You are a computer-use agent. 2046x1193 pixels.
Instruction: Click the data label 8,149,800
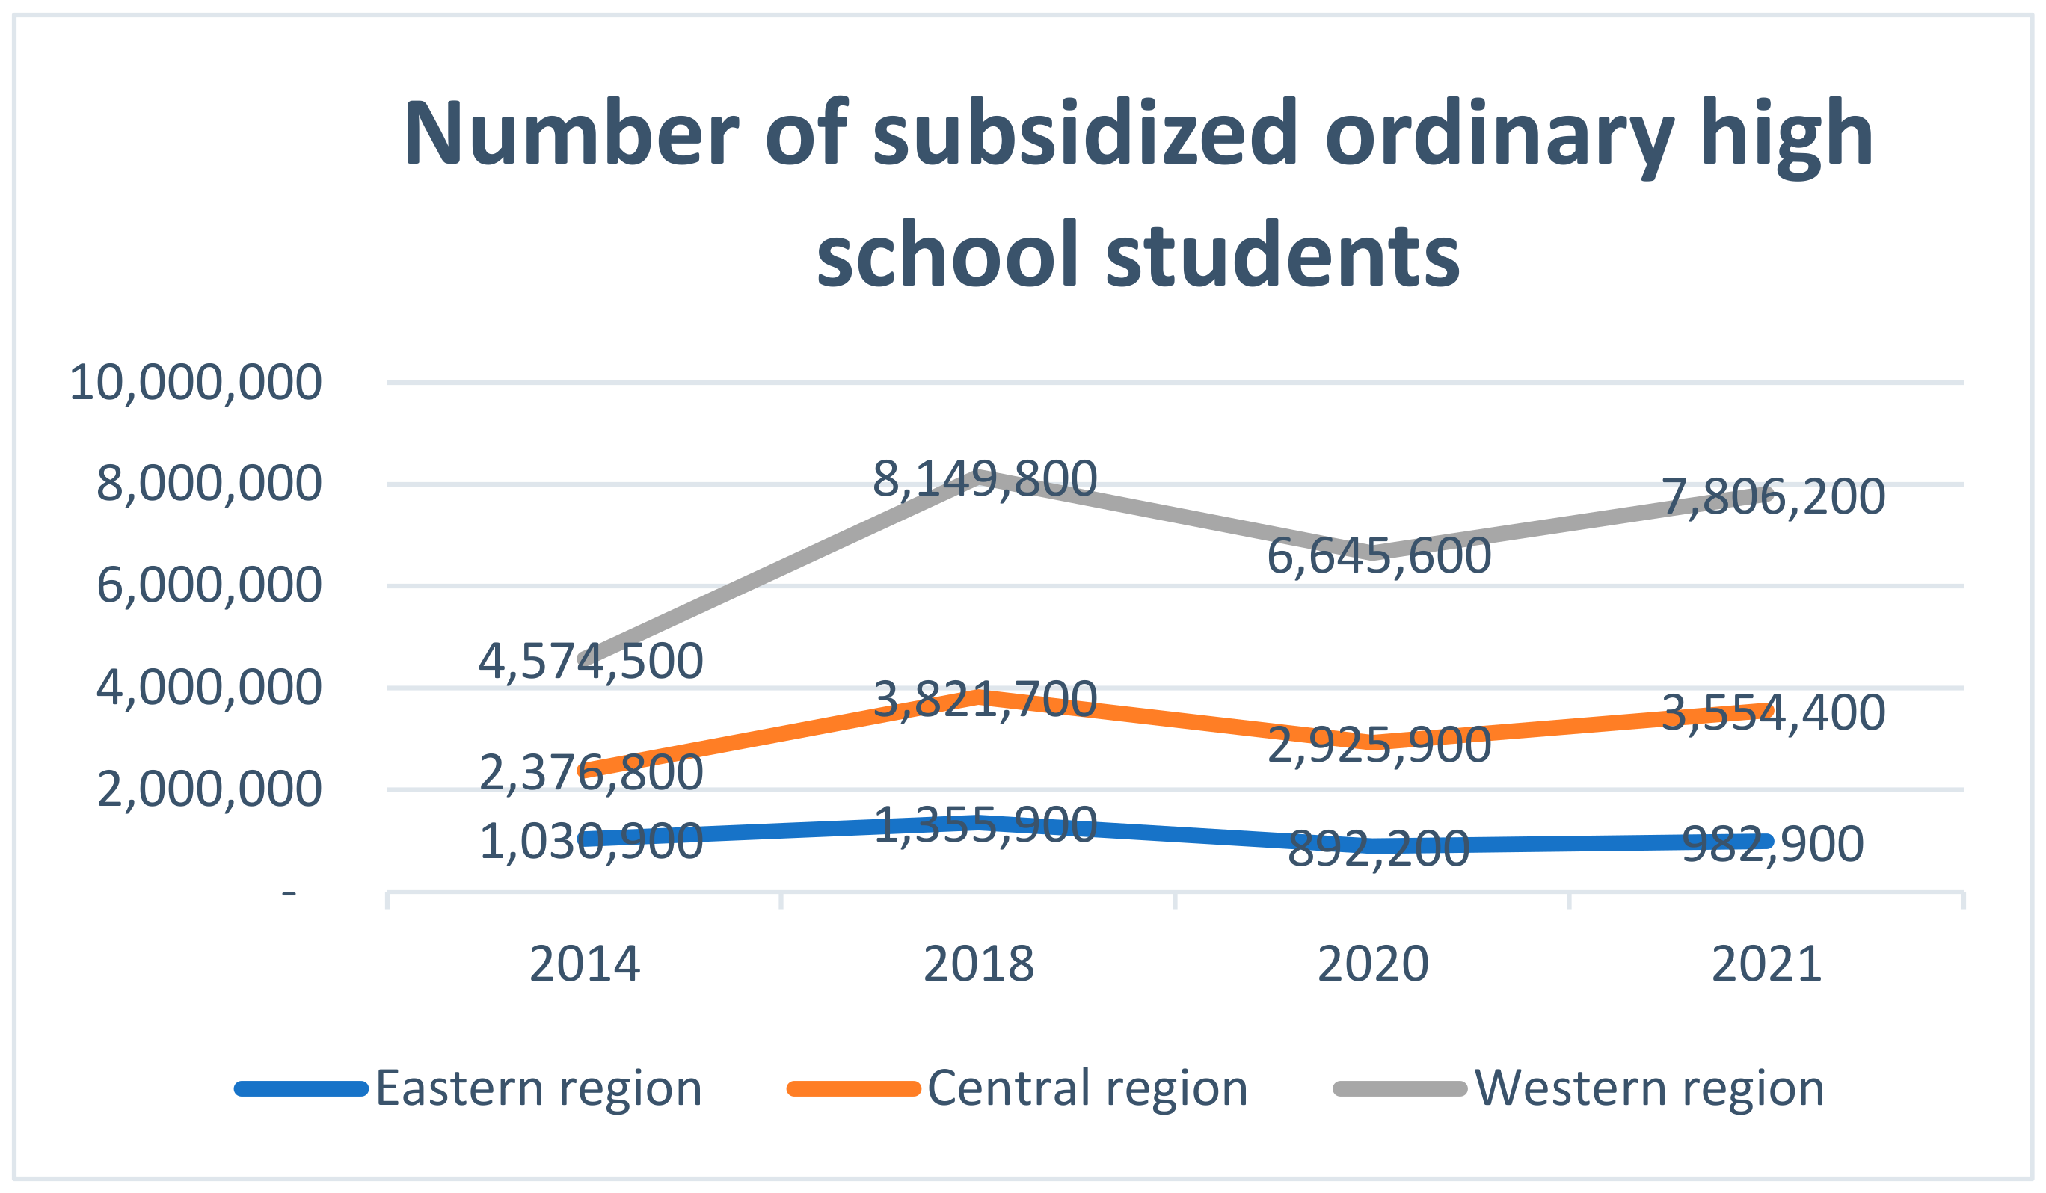point(985,480)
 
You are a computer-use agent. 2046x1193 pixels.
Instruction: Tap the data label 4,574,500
point(590,662)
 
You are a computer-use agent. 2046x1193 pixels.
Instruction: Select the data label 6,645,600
point(1380,557)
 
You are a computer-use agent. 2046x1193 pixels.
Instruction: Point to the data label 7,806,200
point(1773,498)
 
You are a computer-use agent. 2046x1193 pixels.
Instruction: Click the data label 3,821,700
point(985,700)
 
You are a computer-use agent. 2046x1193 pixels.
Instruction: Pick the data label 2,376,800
point(590,773)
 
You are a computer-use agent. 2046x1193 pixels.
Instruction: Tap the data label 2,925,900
point(1380,745)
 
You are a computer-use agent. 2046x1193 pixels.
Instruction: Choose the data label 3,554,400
point(1773,713)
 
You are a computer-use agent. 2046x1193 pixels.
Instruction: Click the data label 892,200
point(1380,850)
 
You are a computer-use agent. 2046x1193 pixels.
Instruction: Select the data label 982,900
point(1773,845)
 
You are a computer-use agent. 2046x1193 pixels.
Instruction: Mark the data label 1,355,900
point(985,825)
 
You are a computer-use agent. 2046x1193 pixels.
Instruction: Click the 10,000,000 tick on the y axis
point(196,383)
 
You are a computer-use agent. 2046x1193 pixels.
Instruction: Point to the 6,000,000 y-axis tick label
point(209,586)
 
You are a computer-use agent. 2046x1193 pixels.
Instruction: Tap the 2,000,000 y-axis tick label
point(209,789)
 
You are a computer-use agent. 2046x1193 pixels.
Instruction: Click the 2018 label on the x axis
point(978,965)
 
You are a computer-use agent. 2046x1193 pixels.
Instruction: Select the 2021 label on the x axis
point(1767,965)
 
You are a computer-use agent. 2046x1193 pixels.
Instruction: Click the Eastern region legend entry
point(538,1088)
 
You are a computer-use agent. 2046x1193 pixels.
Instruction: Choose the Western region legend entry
point(1650,1088)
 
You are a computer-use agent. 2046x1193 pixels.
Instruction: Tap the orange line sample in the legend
point(853,1089)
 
